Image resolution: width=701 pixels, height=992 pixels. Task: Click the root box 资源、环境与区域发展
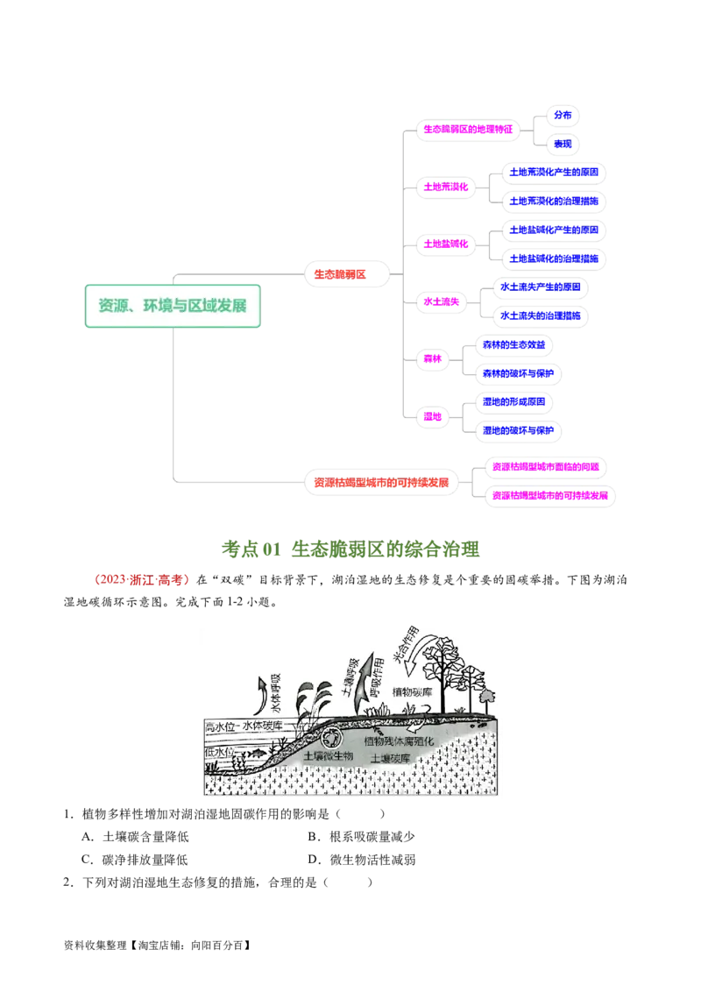tap(173, 306)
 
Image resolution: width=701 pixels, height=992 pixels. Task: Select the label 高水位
tap(221, 727)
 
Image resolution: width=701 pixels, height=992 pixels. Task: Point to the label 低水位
tap(220, 752)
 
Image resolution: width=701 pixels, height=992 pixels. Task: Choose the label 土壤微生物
tap(329, 755)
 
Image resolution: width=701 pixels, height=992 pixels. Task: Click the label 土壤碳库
tap(391, 759)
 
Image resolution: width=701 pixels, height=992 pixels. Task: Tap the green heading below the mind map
tap(350, 549)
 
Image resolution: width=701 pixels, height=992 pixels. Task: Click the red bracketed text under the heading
tap(140, 579)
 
